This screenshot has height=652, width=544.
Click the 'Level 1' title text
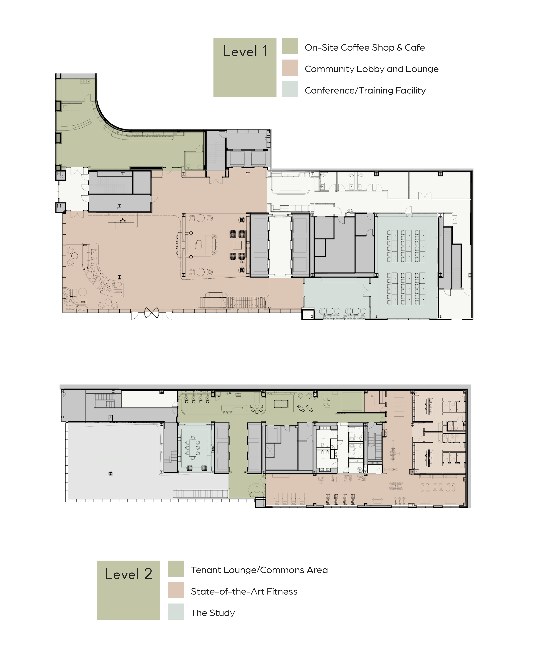[x=245, y=52]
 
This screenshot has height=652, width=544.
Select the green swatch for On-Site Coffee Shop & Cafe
[x=290, y=46]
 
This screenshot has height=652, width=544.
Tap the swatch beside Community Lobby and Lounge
[x=290, y=68]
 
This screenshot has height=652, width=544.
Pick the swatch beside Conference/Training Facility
[x=290, y=89]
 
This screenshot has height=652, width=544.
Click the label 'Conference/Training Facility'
[x=365, y=90]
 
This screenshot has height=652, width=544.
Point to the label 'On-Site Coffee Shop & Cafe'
[x=365, y=48]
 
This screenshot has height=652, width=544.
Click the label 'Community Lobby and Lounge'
[x=371, y=69]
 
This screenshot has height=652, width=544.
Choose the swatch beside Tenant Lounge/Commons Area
[x=176, y=569]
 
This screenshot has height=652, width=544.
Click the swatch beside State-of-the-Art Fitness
[x=176, y=590]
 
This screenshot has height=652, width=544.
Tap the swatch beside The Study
[x=176, y=612]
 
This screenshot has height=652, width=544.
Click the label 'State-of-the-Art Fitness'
[x=244, y=592]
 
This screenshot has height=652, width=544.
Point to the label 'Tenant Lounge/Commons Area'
[x=259, y=570]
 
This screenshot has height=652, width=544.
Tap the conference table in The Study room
[x=193, y=447]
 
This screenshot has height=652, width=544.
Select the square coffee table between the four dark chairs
[x=237, y=245]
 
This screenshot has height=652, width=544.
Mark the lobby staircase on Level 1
[x=233, y=302]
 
